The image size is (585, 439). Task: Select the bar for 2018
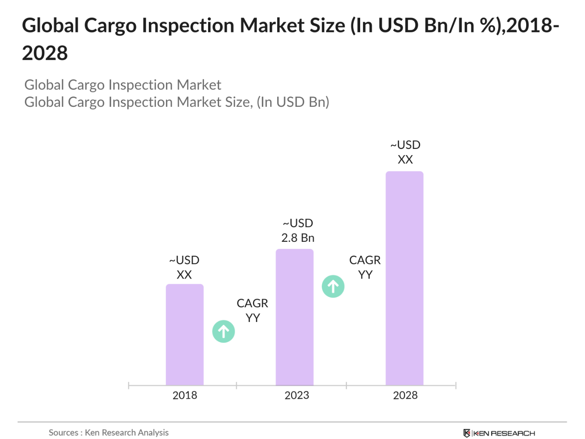(x=184, y=334)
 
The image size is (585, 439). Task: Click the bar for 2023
(x=294, y=317)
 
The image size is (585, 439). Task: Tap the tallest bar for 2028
(x=404, y=278)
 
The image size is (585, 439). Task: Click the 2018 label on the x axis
(x=184, y=395)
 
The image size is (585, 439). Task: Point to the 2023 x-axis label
(x=297, y=395)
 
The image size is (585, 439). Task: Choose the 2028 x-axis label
(x=405, y=395)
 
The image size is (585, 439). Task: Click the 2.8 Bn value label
(x=298, y=238)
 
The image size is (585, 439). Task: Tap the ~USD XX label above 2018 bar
(x=184, y=267)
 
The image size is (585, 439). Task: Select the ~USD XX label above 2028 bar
(x=405, y=152)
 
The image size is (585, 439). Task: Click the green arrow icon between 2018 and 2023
(x=224, y=331)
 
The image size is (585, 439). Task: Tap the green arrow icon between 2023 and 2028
(x=333, y=286)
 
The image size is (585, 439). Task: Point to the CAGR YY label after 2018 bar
(x=252, y=310)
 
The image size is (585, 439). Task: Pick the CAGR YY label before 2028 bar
(x=365, y=267)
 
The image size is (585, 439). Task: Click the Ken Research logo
(x=499, y=433)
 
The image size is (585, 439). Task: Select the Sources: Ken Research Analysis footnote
(x=108, y=432)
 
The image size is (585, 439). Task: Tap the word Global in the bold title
(x=50, y=25)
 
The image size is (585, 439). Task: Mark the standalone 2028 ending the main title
(x=45, y=53)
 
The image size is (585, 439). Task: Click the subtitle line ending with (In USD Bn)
(x=177, y=102)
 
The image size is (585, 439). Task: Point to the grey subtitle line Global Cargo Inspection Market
(x=123, y=85)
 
